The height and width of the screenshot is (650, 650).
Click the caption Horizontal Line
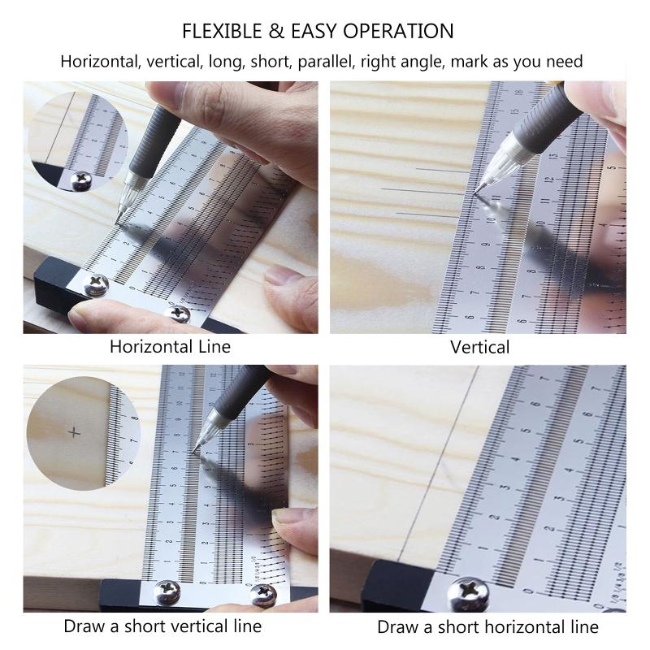171,347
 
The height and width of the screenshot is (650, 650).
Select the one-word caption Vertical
480,348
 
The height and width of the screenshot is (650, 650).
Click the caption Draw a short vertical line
162,626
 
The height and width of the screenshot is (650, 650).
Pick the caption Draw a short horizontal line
487,627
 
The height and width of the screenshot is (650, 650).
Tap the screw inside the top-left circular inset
81,180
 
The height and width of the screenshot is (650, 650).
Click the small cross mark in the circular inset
77,431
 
